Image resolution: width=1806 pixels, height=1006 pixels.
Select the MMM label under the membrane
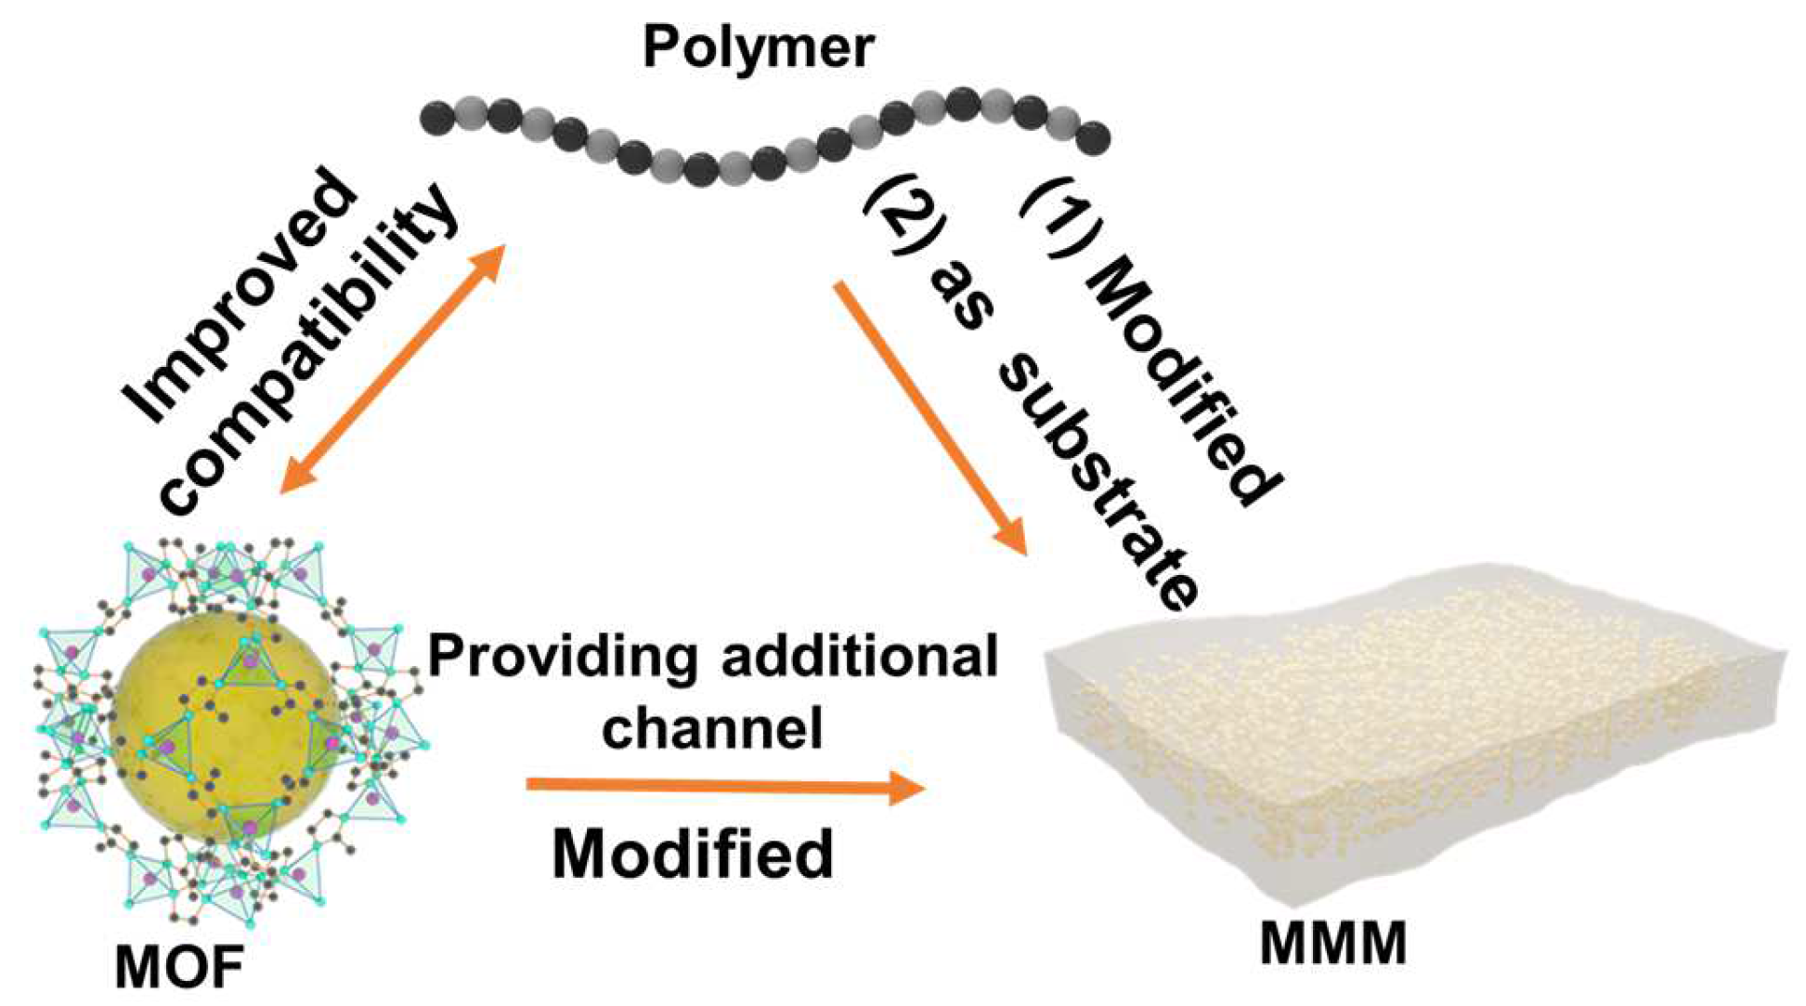[1333, 945]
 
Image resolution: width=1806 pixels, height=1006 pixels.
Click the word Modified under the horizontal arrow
[693, 853]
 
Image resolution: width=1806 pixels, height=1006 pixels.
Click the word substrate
[1100, 483]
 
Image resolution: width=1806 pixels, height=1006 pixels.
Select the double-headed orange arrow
[391, 369]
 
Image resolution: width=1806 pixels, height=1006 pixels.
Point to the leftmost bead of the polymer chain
[437, 118]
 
